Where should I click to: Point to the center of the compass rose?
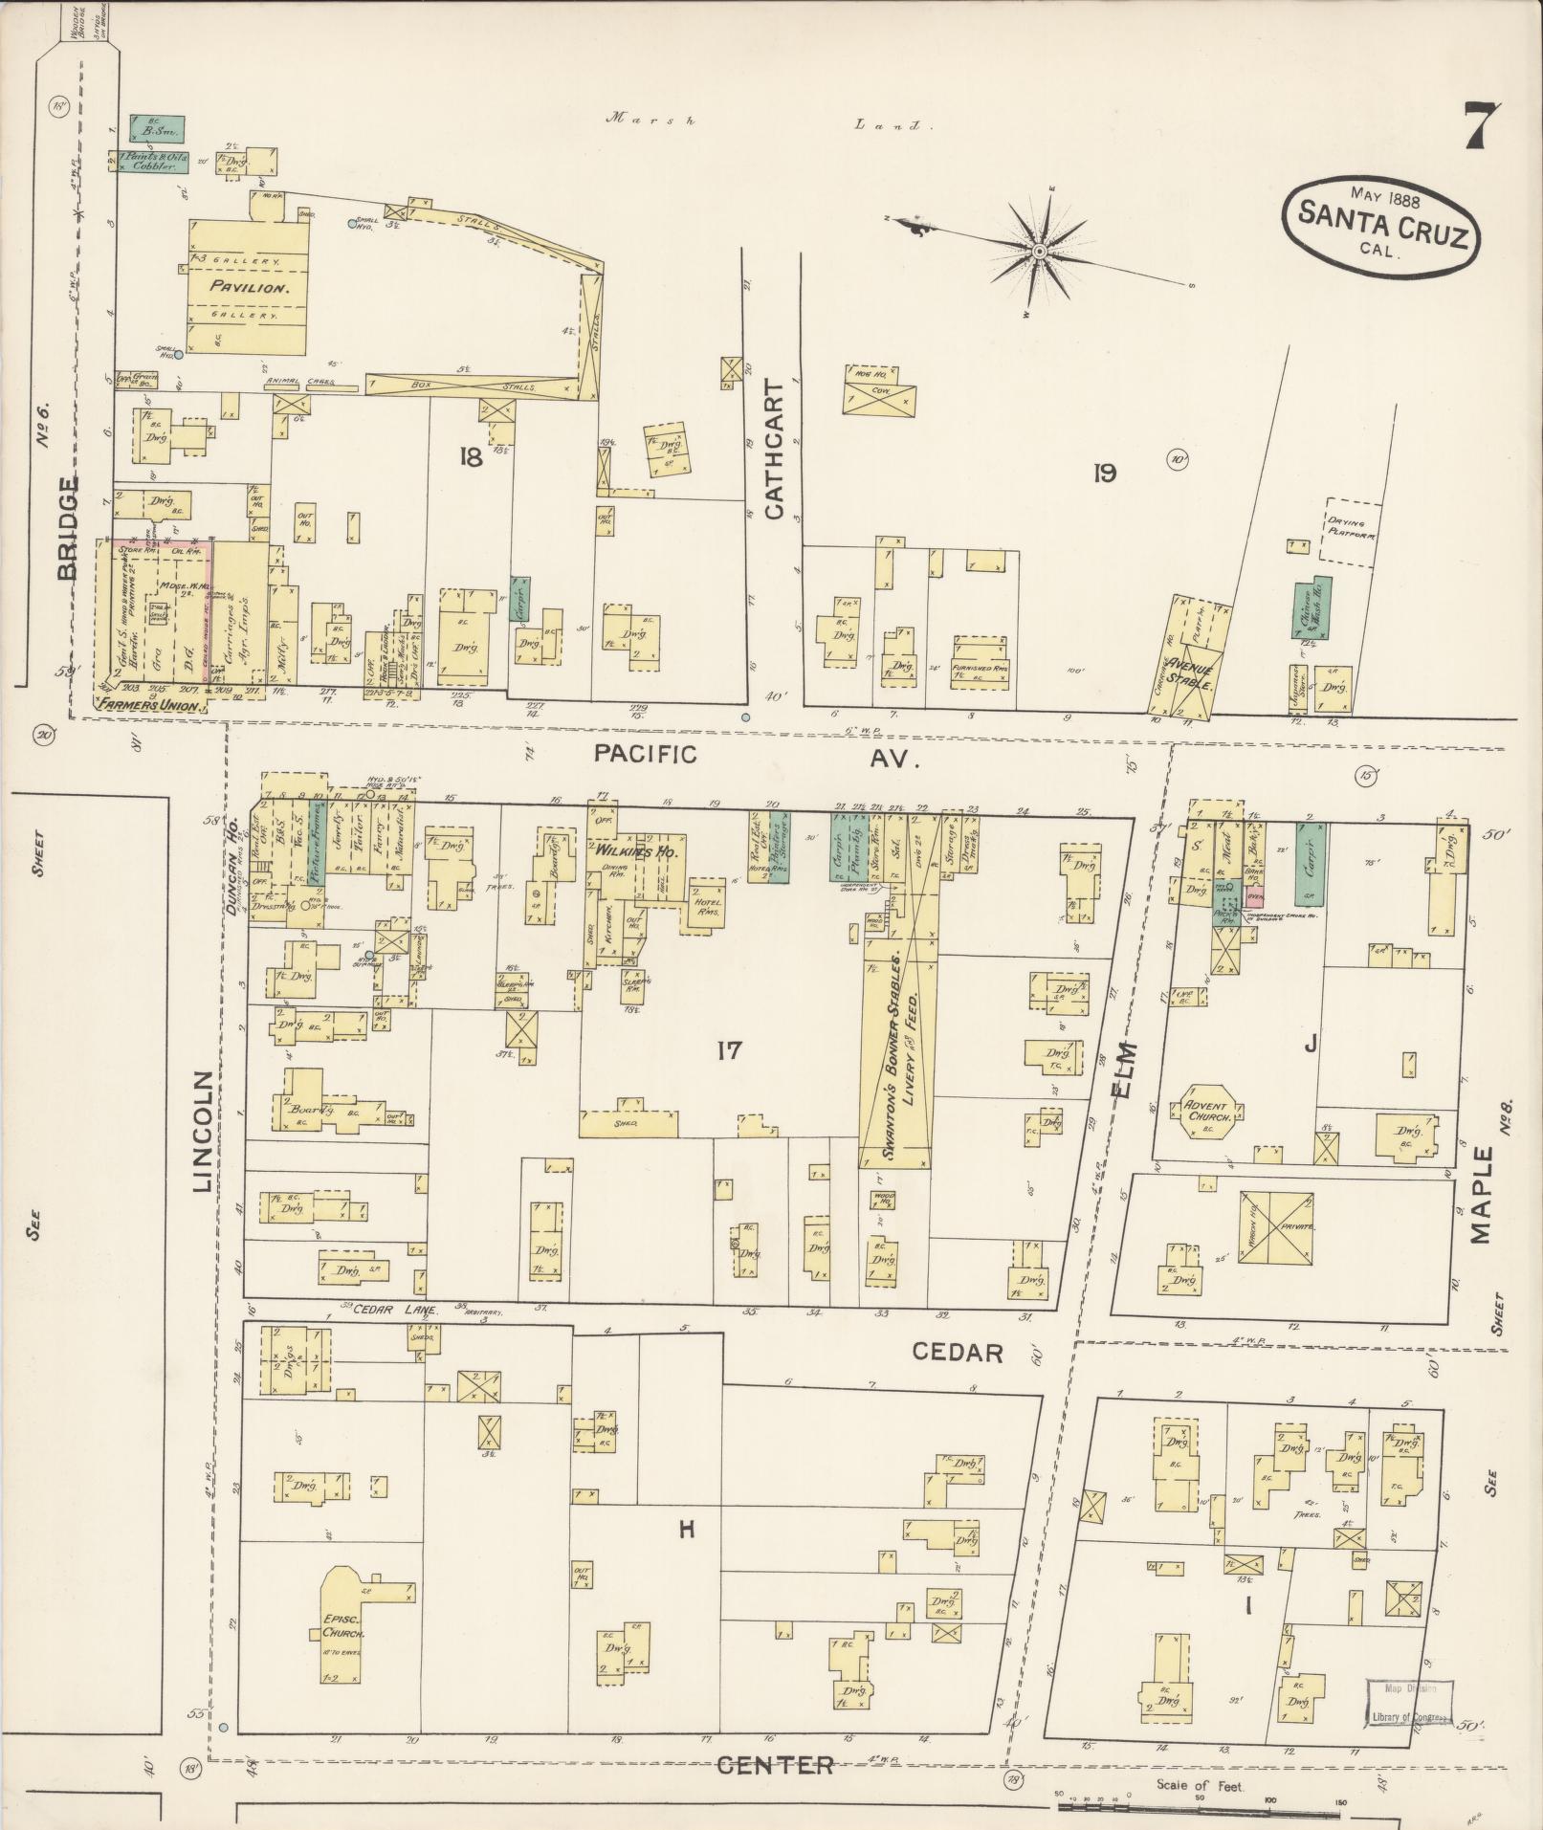click(1039, 252)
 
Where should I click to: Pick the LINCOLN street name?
click(203, 1132)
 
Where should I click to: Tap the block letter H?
click(685, 1530)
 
